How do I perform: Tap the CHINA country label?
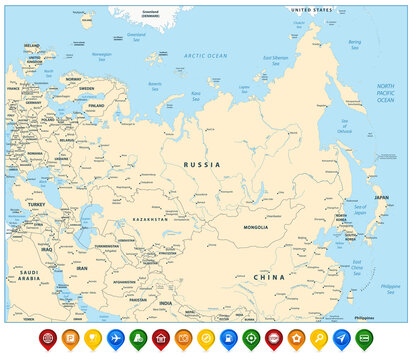[269, 276]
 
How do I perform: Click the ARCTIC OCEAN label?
[206, 56]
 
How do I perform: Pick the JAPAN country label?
[380, 198]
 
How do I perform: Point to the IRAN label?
[82, 269]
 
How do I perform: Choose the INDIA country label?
[166, 303]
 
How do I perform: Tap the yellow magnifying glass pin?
[318, 338]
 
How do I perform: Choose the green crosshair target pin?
[250, 338]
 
